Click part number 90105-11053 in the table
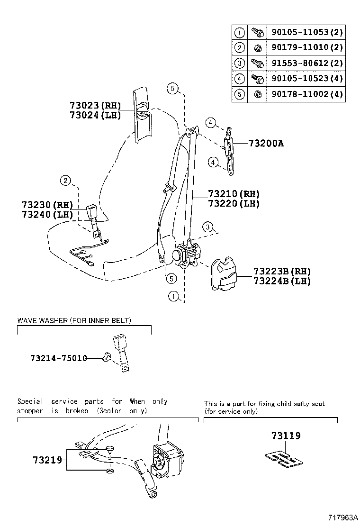coord(306,33)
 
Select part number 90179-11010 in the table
coord(306,48)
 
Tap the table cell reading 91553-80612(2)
coord(306,63)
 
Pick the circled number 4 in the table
coord(240,78)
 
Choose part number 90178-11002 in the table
coord(306,94)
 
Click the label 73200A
coord(265,143)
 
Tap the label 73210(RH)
coord(234,194)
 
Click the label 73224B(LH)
coord(282,281)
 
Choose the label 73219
coord(48,459)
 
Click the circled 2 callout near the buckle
coord(65,180)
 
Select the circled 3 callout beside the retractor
coord(207,227)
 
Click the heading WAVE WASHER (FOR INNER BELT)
coord(74,321)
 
